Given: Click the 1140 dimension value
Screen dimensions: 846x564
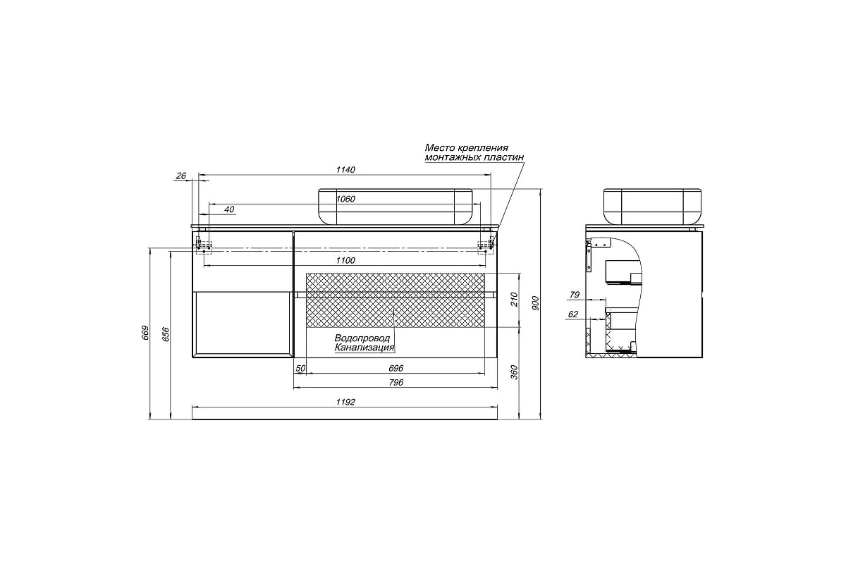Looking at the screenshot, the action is tap(345, 170).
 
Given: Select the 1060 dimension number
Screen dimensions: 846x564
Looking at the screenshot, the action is tap(345, 199).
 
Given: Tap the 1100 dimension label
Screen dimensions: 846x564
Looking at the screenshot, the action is tap(345, 260).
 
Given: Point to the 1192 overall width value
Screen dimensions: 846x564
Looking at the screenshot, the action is tap(345, 403).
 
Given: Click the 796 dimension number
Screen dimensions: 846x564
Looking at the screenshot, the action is tap(396, 383).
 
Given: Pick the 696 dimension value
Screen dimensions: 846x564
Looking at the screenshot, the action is tap(396, 368).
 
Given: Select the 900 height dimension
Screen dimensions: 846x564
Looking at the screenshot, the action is tap(536, 303).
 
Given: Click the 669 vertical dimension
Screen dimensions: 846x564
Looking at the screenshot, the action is tap(145, 333).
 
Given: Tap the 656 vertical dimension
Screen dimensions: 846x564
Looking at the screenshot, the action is tap(166, 334).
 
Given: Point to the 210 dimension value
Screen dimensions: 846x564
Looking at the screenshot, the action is tap(514, 300).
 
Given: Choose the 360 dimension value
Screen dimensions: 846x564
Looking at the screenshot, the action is tap(514, 372).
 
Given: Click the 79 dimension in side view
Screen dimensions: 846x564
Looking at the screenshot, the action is tap(575, 295).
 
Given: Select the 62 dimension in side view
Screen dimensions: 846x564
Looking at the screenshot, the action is tap(573, 314).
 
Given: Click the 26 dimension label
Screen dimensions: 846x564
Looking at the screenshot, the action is tap(181, 176).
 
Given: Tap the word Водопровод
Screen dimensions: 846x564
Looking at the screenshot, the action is tap(362, 338).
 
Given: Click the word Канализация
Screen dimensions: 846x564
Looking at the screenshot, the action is tap(364, 348).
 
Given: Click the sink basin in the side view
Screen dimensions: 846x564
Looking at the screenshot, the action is tap(652, 207).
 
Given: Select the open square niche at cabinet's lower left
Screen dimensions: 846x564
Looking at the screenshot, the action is tap(243, 324).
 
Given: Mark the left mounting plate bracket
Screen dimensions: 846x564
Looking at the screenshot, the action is tap(203, 247).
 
